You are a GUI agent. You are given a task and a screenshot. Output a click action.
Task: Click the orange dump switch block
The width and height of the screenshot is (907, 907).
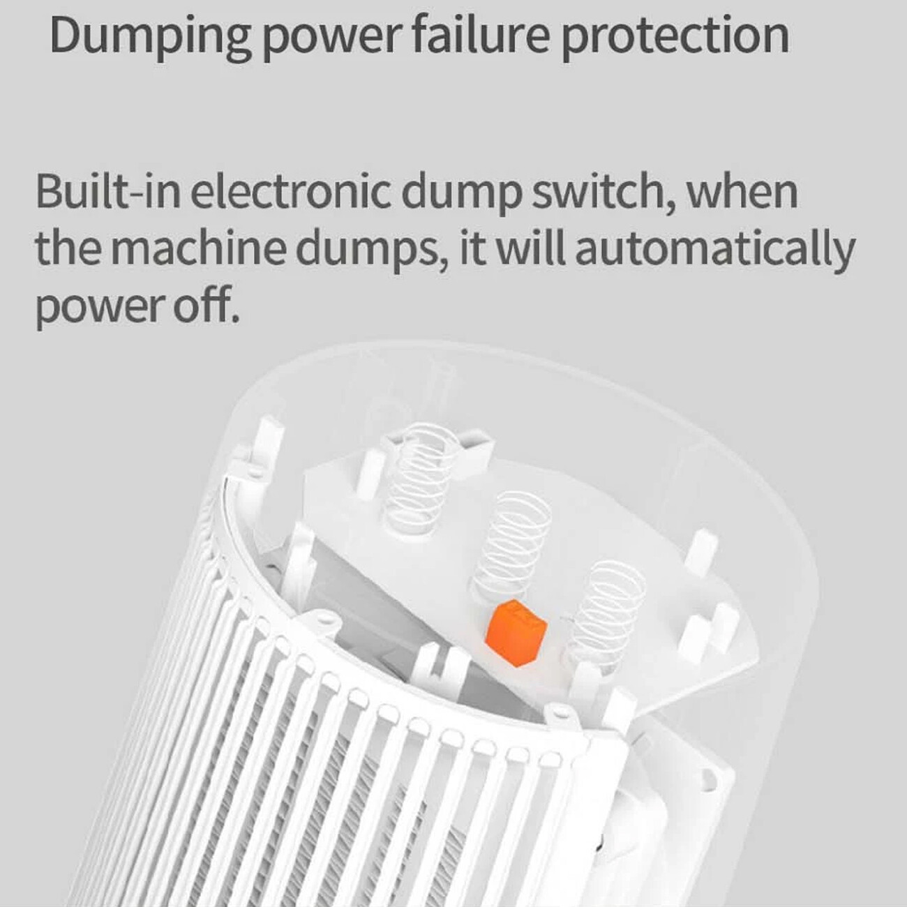516,633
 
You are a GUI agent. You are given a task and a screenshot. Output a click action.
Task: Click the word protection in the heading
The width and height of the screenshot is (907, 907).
675,38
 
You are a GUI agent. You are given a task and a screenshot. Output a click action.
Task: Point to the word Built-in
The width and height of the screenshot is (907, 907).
107,192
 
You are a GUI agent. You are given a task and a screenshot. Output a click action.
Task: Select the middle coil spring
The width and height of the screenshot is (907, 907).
511,546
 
